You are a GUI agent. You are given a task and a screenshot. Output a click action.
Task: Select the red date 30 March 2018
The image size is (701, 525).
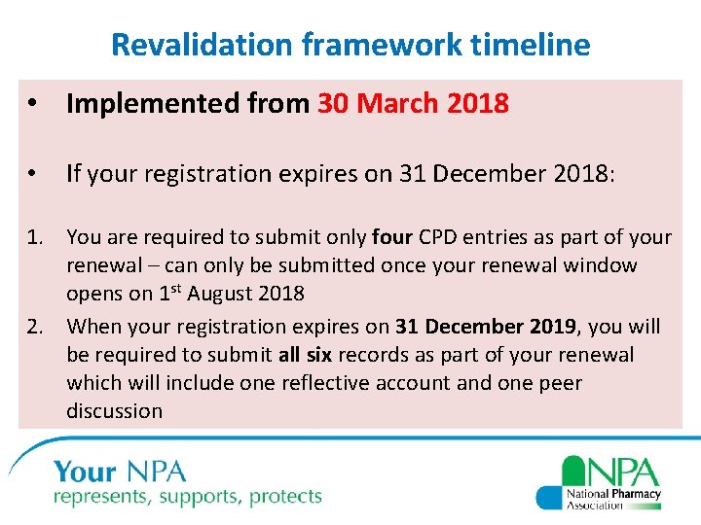413,104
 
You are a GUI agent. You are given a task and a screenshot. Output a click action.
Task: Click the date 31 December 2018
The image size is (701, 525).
502,174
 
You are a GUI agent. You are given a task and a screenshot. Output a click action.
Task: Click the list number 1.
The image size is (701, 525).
38,237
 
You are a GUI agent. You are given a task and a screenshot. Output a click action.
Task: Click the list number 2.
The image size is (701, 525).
38,327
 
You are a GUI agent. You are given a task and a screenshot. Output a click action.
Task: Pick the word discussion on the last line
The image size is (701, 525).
114,411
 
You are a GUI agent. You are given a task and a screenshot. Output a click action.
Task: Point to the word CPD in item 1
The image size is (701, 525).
446,237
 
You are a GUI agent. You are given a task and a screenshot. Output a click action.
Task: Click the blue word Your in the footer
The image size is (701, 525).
86,473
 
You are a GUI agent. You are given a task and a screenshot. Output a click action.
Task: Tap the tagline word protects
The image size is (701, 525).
285,497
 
